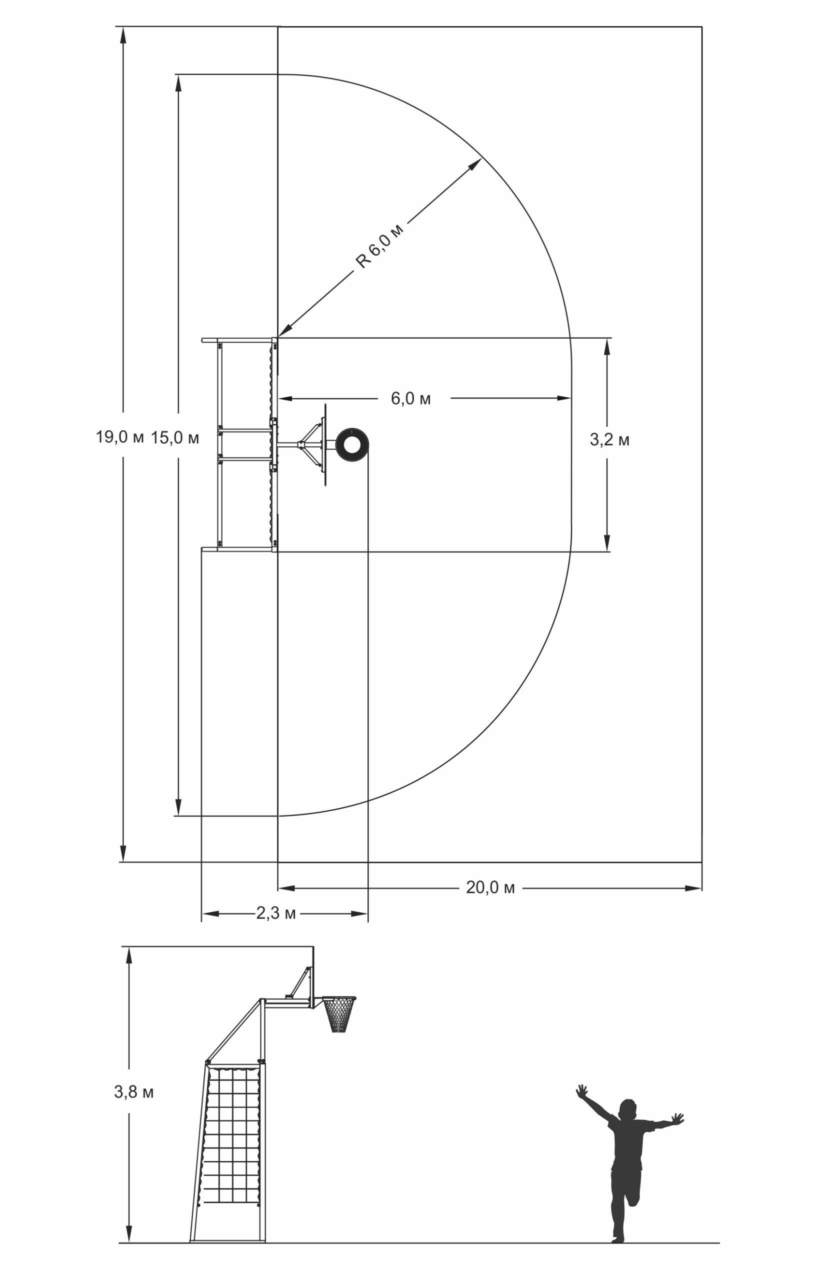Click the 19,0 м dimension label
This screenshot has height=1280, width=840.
point(120,436)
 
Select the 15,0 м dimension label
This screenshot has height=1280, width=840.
point(175,438)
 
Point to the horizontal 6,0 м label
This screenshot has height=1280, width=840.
point(411,398)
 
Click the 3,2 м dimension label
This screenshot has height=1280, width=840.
point(609,439)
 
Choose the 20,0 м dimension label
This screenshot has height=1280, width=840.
point(490,888)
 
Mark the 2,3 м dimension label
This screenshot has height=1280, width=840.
point(276,913)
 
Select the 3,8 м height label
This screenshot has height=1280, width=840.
point(134,1092)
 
